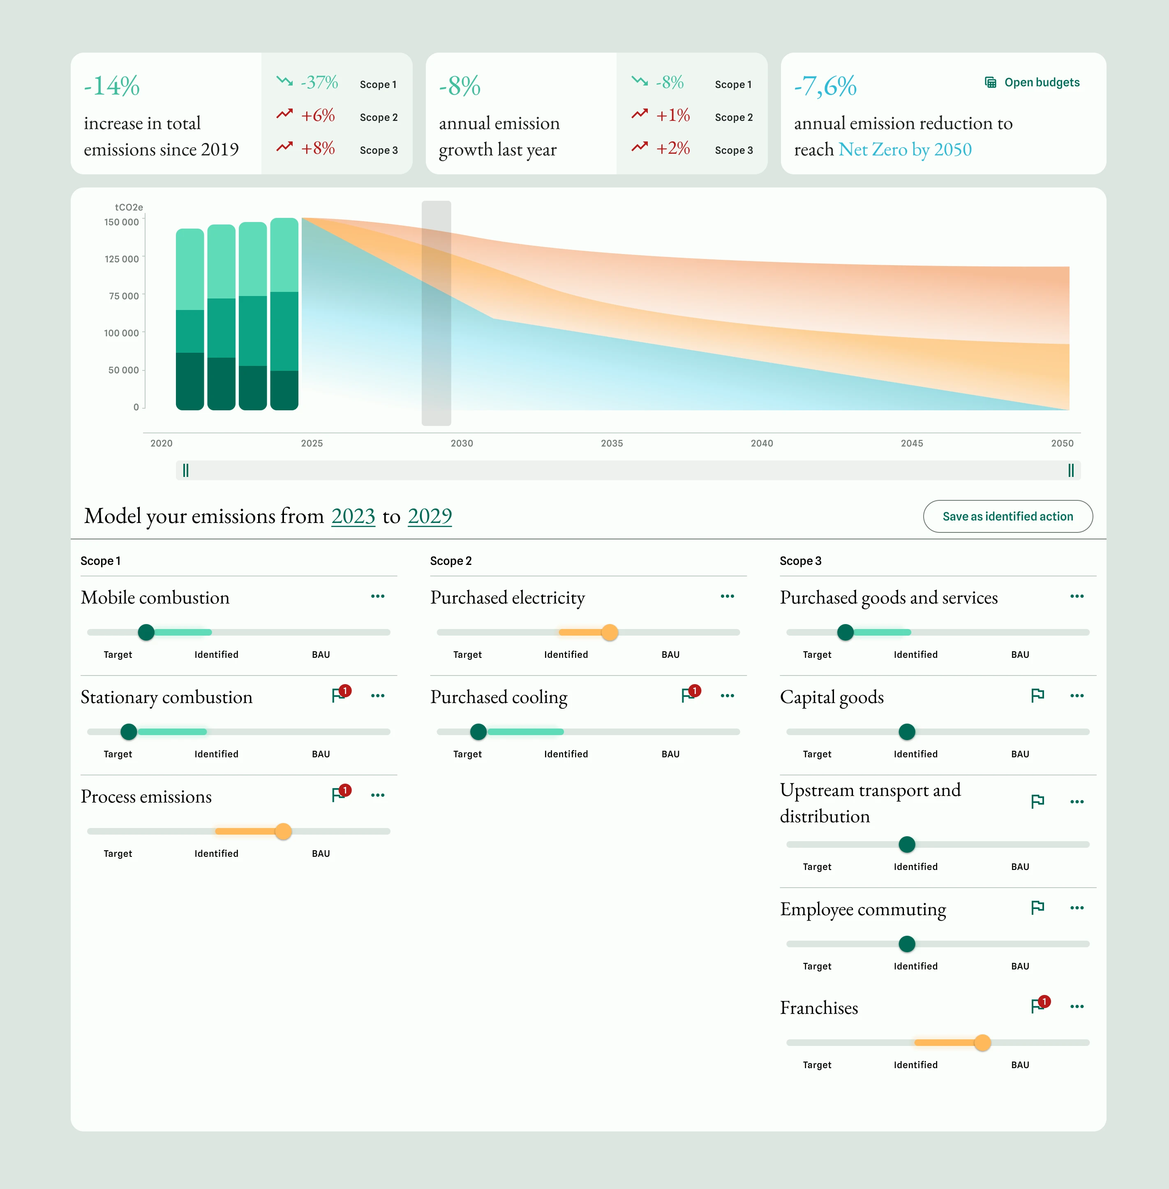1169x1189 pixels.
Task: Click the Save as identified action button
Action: click(1007, 516)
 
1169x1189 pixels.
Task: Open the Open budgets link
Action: click(1033, 82)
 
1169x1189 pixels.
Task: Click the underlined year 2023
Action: click(353, 516)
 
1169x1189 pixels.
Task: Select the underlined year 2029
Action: click(430, 516)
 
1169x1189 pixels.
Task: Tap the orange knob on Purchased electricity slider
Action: click(609, 632)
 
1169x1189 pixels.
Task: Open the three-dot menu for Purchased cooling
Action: click(727, 695)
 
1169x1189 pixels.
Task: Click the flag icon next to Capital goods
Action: click(1037, 695)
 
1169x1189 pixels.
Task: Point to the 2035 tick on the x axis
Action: click(612, 443)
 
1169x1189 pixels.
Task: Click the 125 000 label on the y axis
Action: click(122, 259)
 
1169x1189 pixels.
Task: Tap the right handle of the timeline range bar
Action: click(1070, 470)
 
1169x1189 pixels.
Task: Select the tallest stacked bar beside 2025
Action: click(284, 313)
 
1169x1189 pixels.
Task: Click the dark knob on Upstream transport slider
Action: click(906, 844)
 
